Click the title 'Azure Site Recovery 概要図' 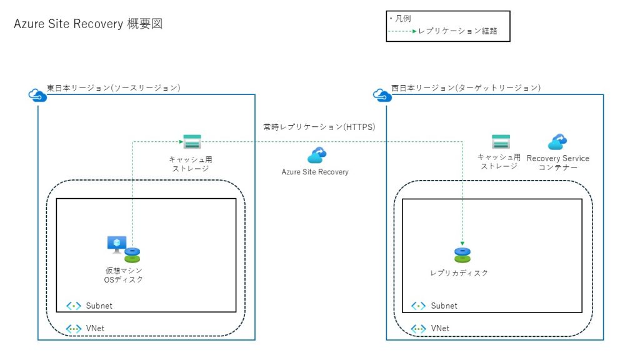pos(88,24)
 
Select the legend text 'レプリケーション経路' pos(457,31)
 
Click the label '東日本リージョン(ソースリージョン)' pos(114,88)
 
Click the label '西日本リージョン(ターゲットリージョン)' pos(466,88)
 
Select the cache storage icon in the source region pos(191,141)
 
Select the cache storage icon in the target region pos(501,141)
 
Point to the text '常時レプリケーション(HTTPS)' pos(319,127)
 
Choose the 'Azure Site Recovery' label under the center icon pos(315,172)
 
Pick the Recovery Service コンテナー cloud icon pos(557,142)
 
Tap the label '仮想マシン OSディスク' pos(123,275)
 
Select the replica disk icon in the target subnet pos(462,255)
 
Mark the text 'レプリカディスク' pos(459,273)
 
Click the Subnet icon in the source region pos(74,306)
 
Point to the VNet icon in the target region pos(419,329)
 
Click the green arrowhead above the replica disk pos(462,244)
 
